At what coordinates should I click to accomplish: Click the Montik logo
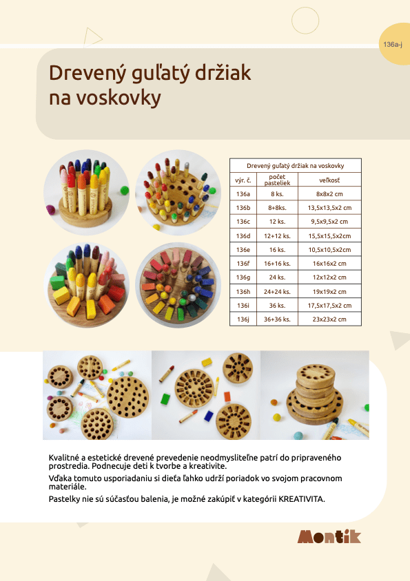[329, 537]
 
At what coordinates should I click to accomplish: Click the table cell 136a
[243, 194]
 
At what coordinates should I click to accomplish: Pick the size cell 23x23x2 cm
[333, 319]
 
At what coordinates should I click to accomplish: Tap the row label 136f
[243, 264]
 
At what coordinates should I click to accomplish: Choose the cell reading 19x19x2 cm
[333, 291]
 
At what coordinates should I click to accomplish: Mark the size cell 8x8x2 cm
[333, 194]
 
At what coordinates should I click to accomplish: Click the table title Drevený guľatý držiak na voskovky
[295, 166]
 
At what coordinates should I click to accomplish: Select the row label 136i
[243, 306]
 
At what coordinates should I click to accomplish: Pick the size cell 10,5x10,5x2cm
[333, 250]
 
